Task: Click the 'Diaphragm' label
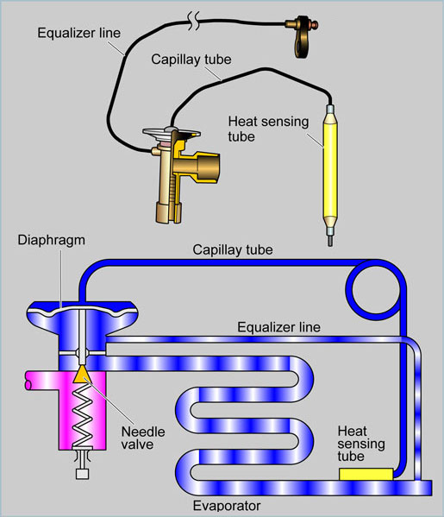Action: [52, 241]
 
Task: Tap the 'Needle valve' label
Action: [143, 438]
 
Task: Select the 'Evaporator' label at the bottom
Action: [227, 506]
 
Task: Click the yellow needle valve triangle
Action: [82, 375]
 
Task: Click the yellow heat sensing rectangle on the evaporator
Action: [366, 474]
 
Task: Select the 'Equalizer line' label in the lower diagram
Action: [278, 327]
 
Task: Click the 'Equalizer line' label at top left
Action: [78, 33]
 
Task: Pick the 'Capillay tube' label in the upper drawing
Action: [191, 60]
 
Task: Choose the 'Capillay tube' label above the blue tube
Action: [233, 249]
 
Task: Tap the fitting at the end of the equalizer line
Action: [302, 35]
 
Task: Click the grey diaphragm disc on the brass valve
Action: [172, 133]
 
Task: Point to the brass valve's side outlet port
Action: [207, 167]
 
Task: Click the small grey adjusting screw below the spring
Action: [83, 474]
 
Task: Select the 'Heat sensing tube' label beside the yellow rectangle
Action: [361, 444]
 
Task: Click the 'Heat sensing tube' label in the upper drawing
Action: [268, 129]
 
